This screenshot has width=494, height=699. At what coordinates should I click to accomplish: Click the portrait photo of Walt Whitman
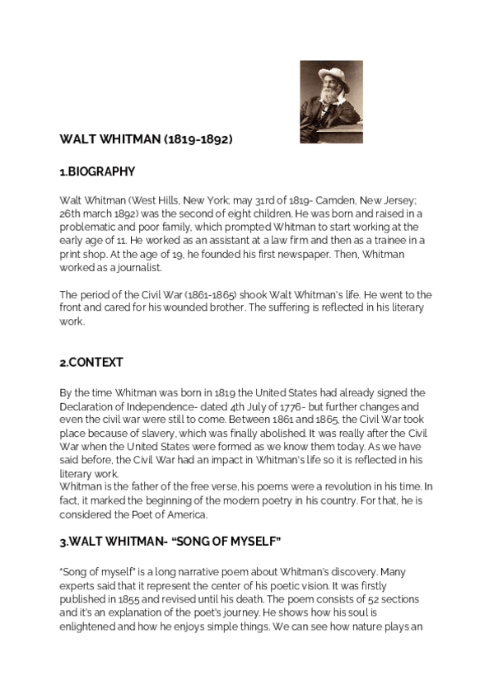point(330,101)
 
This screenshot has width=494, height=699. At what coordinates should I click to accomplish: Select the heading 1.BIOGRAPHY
point(97,171)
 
